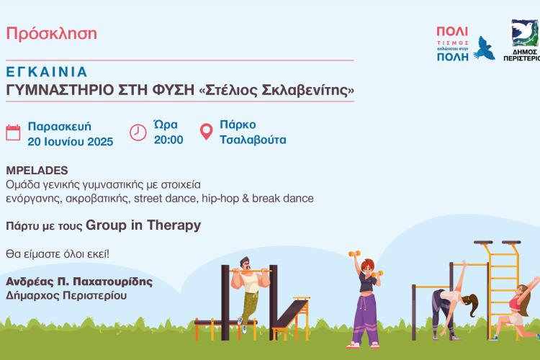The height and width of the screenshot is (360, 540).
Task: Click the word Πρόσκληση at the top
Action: click(51, 34)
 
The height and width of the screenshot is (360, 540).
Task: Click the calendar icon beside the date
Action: click(13, 132)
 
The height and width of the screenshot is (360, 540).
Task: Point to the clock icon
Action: click(138, 132)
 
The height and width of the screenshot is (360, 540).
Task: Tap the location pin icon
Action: click(205, 132)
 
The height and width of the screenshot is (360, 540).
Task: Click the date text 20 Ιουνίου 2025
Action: click(70, 141)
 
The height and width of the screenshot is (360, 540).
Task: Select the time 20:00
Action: click(168, 140)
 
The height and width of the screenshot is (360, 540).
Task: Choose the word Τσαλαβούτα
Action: click(252, 140)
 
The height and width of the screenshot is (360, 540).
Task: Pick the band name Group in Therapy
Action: click(143, 225)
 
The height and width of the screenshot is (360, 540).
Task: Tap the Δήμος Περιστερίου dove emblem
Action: click(526, 33)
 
